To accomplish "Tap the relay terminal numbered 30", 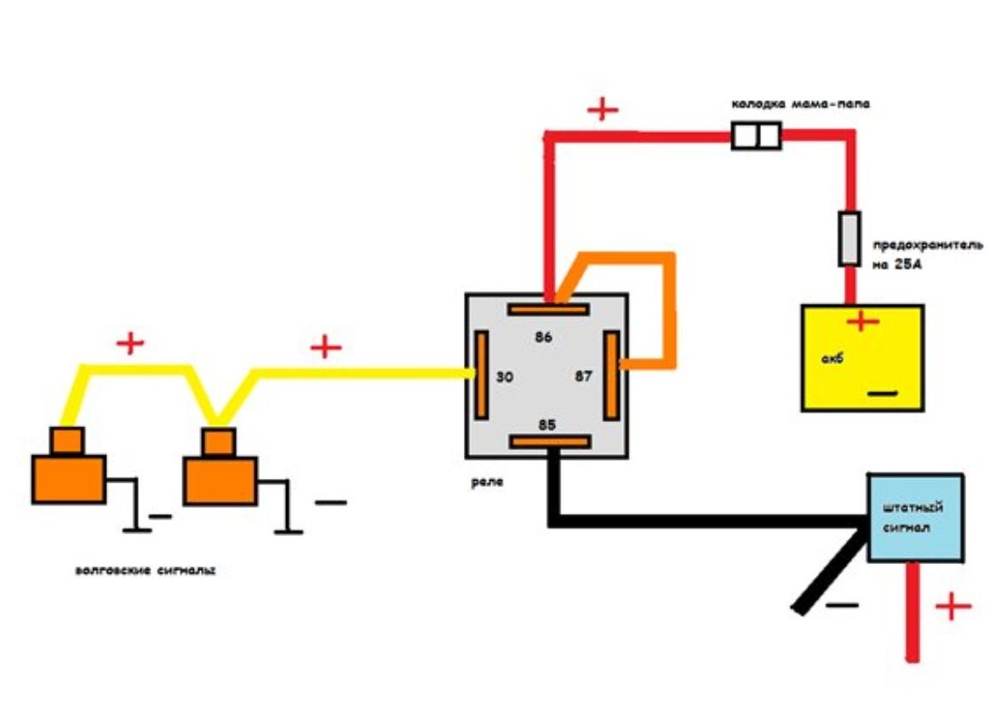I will tap(482, 375).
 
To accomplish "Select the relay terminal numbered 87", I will tap(611, 375).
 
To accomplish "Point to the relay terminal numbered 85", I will tap(549, 442).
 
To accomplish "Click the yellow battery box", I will tap(861, 358).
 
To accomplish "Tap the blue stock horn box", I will tap(915, 517).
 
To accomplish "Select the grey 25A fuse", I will tap(850, 238).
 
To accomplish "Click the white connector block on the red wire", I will tap(756, 136).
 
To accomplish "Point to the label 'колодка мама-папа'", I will tap(799, 105).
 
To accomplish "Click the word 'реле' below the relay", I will tap(487, 482).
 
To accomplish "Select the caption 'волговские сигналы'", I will tap(145, 571).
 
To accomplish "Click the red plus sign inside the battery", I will tap(862, 322).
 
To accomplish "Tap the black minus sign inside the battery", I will tap(884, 395).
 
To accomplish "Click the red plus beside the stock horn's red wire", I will tap(953, 607).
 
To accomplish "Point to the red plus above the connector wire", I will tap(602, 110).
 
